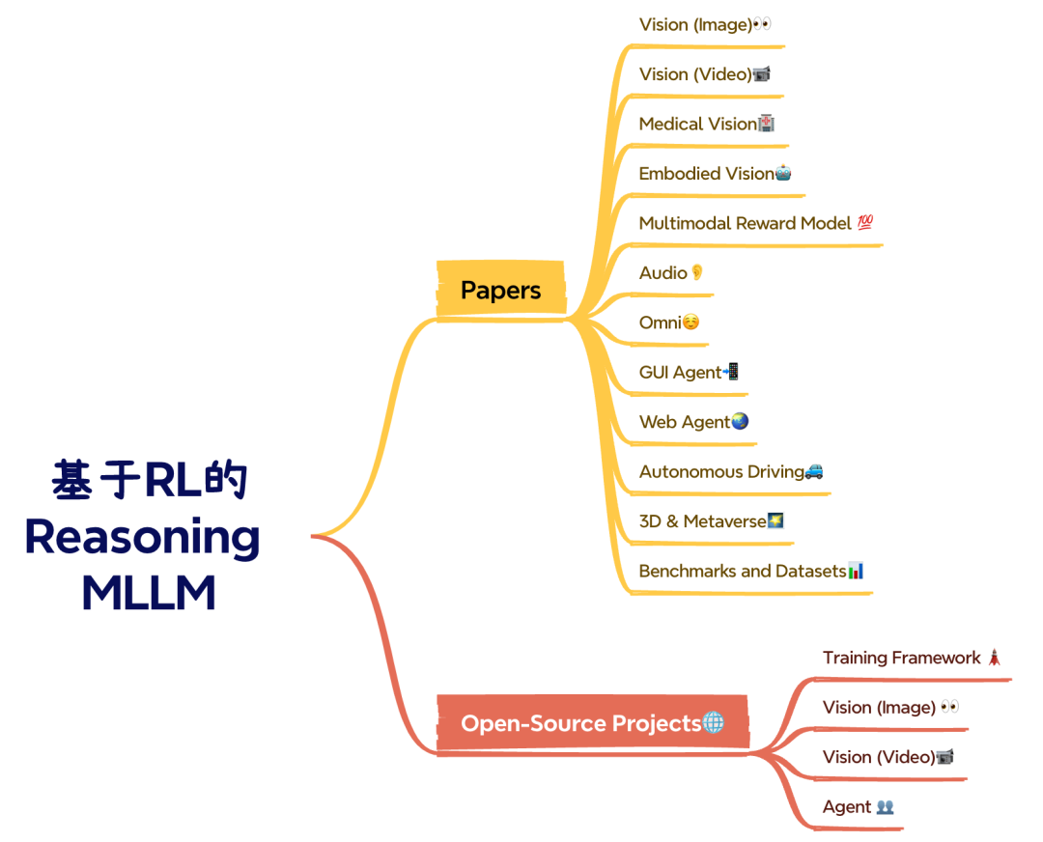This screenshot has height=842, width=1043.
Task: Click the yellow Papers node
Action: [500, 290]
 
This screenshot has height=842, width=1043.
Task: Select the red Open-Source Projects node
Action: [592, 723]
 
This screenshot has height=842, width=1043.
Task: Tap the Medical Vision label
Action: [697, 124]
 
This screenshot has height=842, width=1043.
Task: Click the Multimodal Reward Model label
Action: [746, 223]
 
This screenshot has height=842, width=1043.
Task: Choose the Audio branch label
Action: [663, 273]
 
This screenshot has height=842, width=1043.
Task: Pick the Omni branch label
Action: [661, 323]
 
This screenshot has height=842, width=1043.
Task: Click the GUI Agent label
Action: [680, 373]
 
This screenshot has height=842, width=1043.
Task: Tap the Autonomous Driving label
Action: [721, 472]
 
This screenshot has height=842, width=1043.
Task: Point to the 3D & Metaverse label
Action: [702, 521]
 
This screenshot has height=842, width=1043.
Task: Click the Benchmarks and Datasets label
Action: [742, 571]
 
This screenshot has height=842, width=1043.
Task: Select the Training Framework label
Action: [901, 658]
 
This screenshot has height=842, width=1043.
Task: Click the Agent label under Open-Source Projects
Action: [847, 807]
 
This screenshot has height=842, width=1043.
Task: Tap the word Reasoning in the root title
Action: [142, 537]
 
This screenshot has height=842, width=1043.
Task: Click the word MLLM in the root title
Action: [148, 593]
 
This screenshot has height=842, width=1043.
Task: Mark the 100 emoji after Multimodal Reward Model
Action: [865, 223]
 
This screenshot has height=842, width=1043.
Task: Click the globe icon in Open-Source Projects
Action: [714, 722]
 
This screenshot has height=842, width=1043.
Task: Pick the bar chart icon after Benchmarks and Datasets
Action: [856, 571]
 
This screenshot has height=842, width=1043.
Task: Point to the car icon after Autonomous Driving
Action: [814, 471]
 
